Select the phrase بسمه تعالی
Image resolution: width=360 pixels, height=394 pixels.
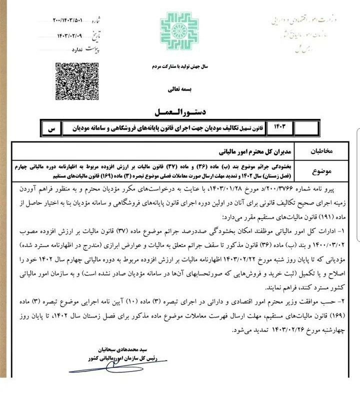179,90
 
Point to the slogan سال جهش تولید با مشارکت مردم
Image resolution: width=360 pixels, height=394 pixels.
179,66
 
